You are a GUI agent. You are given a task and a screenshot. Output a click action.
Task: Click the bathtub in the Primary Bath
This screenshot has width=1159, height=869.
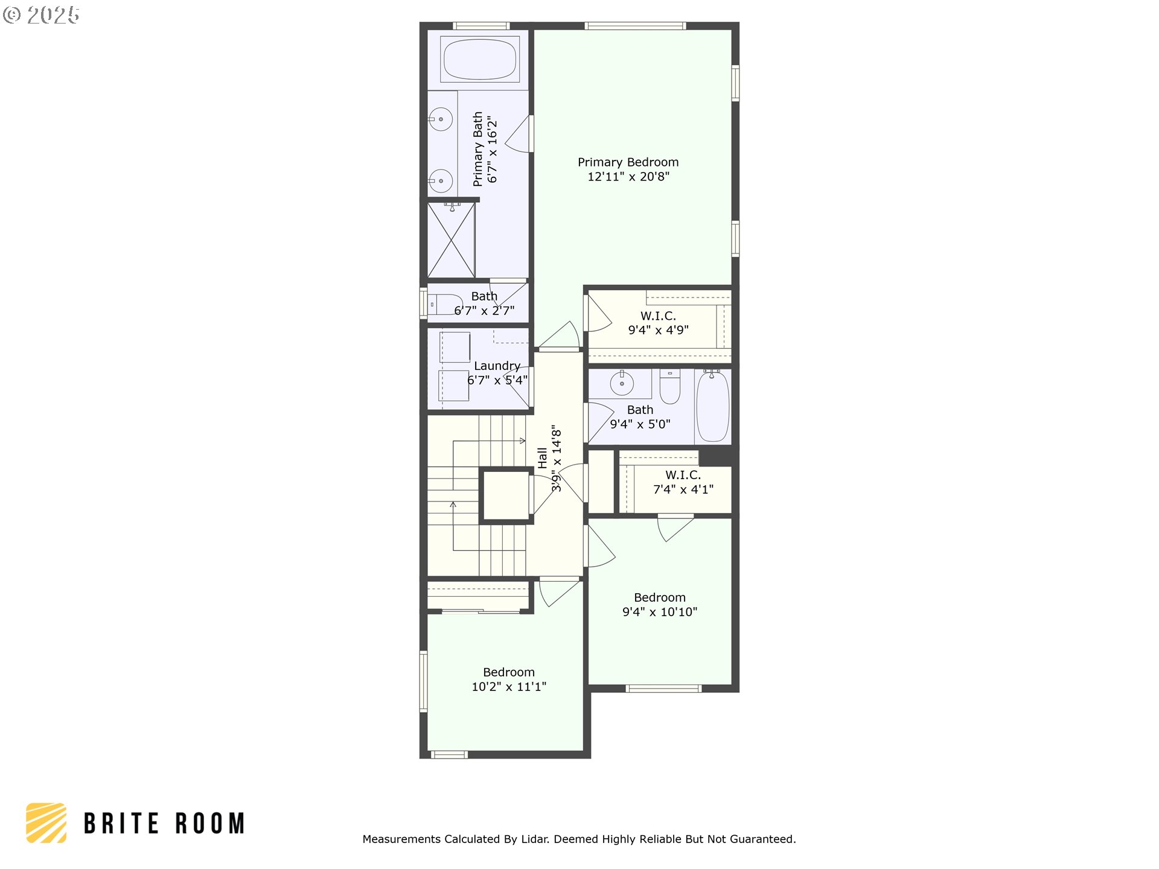point(480,59)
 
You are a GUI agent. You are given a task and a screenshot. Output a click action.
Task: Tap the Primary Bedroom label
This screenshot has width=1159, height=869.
point(628,162)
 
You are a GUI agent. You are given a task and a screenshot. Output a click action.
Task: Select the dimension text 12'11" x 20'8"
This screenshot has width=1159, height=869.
point(628,177)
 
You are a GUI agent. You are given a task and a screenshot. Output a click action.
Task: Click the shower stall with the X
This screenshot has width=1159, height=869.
point(451,240)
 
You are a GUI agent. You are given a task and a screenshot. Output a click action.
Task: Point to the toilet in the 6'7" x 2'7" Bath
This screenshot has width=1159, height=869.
point(444,304)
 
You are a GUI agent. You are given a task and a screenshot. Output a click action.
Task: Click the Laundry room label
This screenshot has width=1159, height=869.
point(497,366)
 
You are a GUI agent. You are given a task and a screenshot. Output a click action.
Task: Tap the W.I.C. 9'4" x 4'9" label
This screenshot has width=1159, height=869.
point(658,323)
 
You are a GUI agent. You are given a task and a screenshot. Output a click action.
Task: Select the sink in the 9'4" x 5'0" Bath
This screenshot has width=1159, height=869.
point(622,383)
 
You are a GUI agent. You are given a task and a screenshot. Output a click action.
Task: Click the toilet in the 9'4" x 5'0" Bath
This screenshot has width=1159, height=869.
point(670,386)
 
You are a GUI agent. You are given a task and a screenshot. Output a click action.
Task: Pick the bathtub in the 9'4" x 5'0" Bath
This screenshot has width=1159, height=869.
point(712,406)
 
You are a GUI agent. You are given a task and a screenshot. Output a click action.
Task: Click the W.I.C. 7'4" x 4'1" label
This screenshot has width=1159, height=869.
point(683,482)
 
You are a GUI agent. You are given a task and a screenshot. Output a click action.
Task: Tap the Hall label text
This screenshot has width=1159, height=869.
point(543,457)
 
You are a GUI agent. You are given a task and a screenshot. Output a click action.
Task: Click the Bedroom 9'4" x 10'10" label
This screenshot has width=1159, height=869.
point(660,605)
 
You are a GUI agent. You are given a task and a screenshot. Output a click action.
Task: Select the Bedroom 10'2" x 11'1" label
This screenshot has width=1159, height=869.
point(509,680)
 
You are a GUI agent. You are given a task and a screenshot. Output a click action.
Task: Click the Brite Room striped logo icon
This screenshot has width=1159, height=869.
point(46,823)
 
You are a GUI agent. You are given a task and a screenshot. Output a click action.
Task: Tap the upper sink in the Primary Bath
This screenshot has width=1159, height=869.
point(441,119)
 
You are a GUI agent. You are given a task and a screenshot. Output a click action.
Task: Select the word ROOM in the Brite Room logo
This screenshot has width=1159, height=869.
point(210,824)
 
